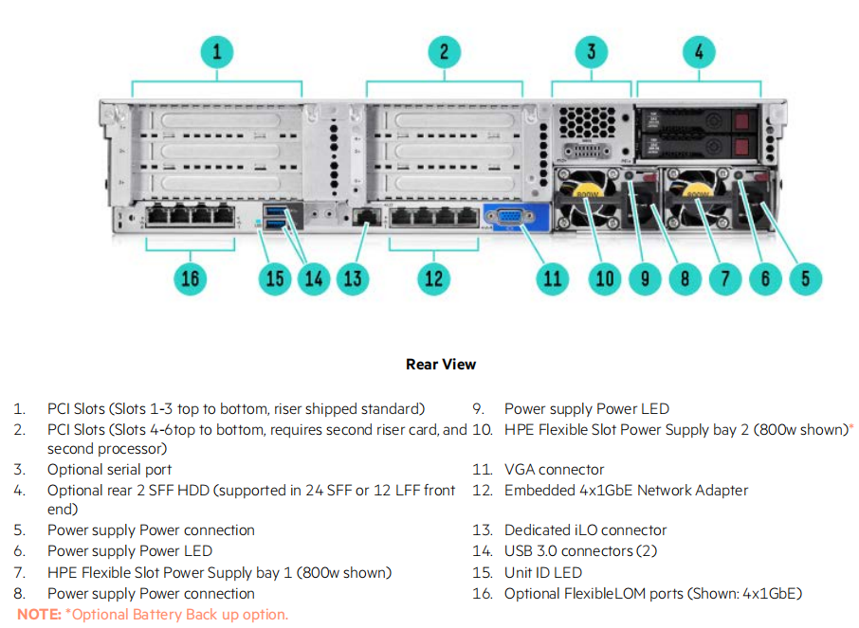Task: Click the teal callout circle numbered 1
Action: pyautogui.click(x=217, y=52)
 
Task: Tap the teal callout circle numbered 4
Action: pyautogui.click(x=699, y=52)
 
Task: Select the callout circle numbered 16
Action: pyautogui.click(x=190, y=278)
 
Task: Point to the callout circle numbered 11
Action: pyautogui.click(x=552, y=278)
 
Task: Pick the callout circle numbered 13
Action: pyautogui.click(x=353, y=278)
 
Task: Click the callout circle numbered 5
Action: pyautogui.click(x=805, y=278)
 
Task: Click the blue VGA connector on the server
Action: pyautogui.click(x=510, y=217)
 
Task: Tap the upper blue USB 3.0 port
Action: pyautogui.click(x=275, y=210)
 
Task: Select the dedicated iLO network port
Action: pyautogui.click(x=367, y=217)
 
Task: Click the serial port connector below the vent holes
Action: pyautogui.click(x=587, y=150)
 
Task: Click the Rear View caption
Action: pyautogui.click(x=441, y=364)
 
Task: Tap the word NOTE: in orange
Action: pyautogui.click(x=39, y=615)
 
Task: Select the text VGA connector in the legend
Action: pyautogui.click(x=554, y=470)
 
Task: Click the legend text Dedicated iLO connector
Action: pyautogui.click(x=585, y=530)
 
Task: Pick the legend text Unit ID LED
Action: pyautogui.click(x=543, y=573)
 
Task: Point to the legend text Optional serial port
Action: pyautogui.click(x=109, y=470)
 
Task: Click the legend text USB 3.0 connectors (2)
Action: pyautogui.click(x=580, y=550)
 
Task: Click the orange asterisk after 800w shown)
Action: pyautogui.click(x=851, y=426)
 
